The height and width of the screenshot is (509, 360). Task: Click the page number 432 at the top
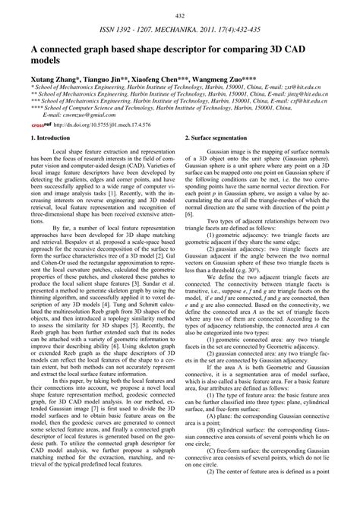tap(180, 16)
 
